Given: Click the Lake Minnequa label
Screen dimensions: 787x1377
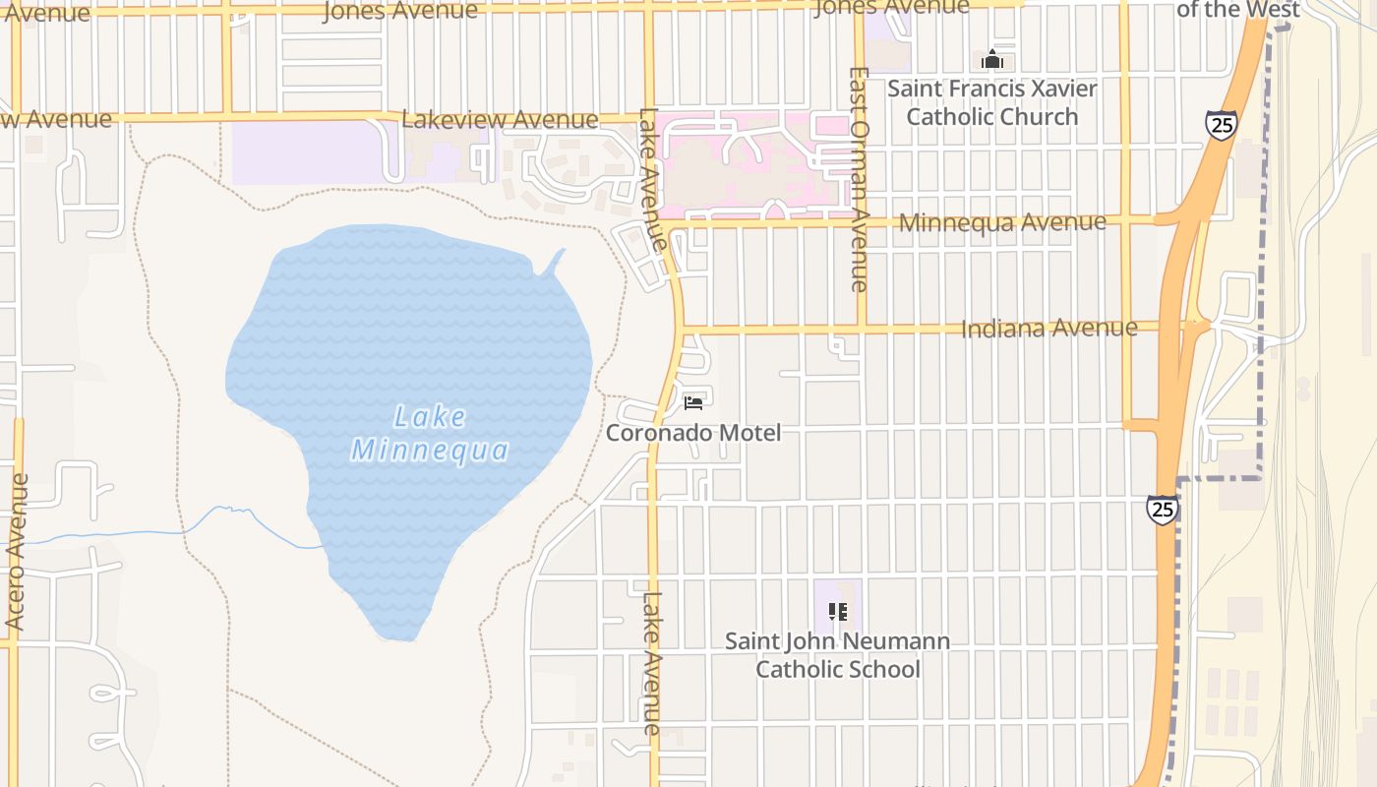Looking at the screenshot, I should coord(431,434).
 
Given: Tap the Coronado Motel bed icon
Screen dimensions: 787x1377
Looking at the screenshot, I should coord(693,402).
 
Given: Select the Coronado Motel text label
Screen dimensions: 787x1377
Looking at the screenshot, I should coord(693,433).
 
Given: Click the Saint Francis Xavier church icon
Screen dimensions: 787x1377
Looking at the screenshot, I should coord(991,60).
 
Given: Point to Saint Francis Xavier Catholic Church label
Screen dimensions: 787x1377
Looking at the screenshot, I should coord(991,102).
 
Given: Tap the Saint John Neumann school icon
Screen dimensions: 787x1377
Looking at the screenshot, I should coord(838,612).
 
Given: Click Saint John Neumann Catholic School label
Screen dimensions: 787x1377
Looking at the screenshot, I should coord(838,655).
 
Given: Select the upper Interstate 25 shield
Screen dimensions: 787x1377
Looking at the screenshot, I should coord(1220,125).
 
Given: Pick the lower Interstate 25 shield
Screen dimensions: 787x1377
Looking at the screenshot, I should coord(1162,510).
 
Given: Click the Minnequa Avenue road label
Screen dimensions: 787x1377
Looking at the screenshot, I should coord(1002,222).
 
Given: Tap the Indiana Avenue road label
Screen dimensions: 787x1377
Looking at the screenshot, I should coord(1048,328).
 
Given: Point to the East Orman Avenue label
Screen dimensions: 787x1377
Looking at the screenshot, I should coord(859,179).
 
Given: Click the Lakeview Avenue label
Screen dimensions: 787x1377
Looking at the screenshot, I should coord(500,120).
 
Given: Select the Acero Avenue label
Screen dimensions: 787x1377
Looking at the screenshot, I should coord(16,552).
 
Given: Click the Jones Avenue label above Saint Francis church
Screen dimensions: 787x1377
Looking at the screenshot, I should coord(892,8).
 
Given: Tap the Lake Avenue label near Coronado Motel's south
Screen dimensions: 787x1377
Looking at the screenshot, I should coord(652,662).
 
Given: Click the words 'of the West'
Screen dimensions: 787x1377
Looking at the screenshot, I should coord(1238,10).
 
